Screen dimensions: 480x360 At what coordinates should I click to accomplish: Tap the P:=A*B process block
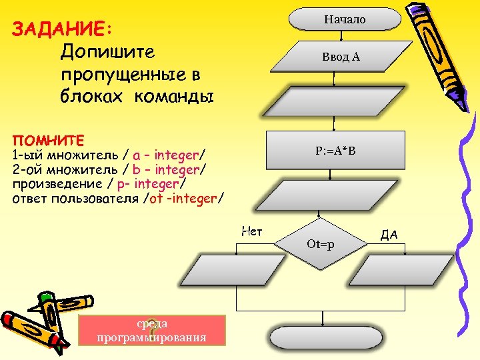pos(335,151)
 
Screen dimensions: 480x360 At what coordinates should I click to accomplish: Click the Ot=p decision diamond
pos(321,244)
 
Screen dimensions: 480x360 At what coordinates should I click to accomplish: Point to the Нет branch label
pos(251,231)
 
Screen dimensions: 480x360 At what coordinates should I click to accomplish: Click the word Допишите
pos(107,52)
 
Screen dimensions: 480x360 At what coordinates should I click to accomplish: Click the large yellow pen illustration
pos(437,50)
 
